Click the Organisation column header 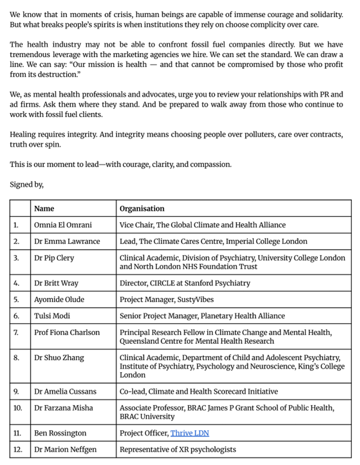coord(142,208)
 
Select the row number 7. coord(16,332)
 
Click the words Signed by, coord(27,184)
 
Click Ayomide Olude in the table coord(58,299)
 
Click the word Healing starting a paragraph coord(24,134)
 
